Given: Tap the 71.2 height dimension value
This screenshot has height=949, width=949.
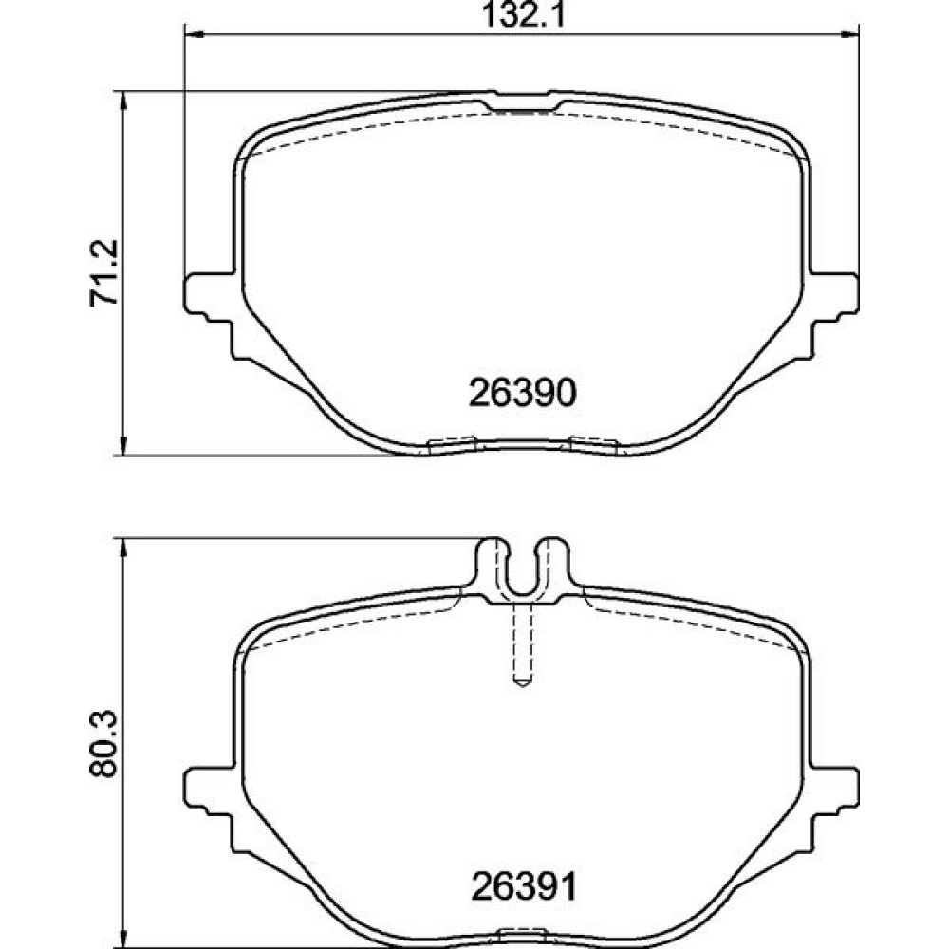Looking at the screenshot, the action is click(103, 273).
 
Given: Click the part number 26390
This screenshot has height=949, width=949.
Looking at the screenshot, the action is click(522, 394).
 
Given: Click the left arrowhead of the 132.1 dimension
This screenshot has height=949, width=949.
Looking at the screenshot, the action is click(193, 34).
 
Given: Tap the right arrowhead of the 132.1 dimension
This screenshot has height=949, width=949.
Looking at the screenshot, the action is click(849, 34).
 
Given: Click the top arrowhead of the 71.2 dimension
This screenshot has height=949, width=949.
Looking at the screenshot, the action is click(124, 102).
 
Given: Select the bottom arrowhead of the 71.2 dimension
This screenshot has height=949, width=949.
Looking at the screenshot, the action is click(124, 445).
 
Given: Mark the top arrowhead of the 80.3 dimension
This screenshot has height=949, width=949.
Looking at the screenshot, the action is click(124, 548).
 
